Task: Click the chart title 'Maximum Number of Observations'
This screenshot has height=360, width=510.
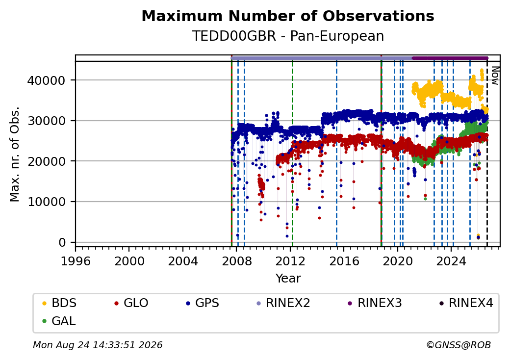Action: coord(288,16)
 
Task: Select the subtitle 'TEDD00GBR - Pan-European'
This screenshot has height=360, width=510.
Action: coord(288,36)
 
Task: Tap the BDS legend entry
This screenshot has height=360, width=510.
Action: coord(59,303)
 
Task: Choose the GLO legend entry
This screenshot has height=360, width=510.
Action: coord(131,303)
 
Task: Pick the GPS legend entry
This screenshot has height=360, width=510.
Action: coord(203,303)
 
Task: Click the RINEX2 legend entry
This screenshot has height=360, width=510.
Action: coord(283,303)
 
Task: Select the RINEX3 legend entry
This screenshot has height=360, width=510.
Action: coord(375,303)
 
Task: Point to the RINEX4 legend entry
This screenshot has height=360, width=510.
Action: coord(466,303)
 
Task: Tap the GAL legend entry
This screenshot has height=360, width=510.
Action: coord(59,321)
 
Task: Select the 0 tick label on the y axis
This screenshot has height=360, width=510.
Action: coord(62,243)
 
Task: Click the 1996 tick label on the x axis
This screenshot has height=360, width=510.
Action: coord(76,261)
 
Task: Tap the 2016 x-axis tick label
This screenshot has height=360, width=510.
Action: coord(344,261)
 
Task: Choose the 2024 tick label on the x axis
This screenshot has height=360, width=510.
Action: coord(451,261)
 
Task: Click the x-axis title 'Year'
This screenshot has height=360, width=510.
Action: coord(288,279)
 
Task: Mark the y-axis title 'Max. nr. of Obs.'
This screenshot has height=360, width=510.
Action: coord(15,154)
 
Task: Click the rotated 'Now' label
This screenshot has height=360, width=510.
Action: coord(495,76)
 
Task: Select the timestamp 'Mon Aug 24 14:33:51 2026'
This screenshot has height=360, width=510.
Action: coord(98,345)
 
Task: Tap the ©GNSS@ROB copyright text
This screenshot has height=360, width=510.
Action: coord(459,345)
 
